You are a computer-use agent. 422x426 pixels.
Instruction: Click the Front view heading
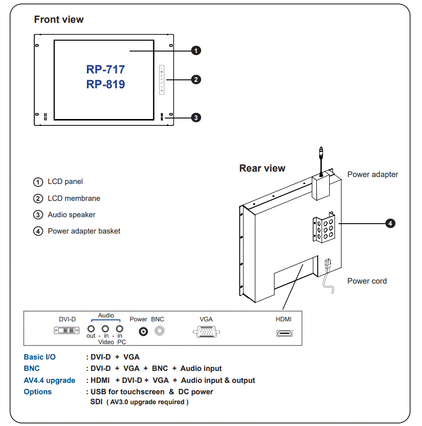[59, 20]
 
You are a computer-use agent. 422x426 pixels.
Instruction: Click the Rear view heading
[262, 168]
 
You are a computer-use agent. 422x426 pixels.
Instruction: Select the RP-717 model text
[105, 69]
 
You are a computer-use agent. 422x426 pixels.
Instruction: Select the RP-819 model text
[105, 84]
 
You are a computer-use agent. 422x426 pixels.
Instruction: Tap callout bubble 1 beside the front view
[196, 51]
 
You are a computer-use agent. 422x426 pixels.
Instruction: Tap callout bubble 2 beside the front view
[196, 79]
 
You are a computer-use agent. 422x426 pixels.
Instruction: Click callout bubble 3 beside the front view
[196, 118]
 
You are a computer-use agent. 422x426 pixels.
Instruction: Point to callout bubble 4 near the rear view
[390, 224]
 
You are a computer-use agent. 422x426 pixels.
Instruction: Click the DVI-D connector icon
[67, 330]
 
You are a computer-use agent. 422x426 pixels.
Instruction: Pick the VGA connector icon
[206, 332]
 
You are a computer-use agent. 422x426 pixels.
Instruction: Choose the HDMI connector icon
[284, 333]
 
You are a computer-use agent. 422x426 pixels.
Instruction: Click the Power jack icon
[144, 331]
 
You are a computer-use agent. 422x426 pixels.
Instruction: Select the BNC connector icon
[159, 331]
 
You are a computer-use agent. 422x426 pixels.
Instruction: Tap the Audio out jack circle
[91, 328]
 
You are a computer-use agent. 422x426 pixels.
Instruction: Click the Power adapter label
[372, 175]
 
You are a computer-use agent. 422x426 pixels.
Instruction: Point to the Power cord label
[367, 281]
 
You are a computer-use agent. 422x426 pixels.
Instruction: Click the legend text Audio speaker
[71, 215]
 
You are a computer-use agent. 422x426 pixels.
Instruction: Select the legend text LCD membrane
[74, 198]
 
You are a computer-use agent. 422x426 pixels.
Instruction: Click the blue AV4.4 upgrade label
[50, 380]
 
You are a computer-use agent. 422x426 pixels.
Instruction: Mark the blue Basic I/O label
[40, 357]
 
